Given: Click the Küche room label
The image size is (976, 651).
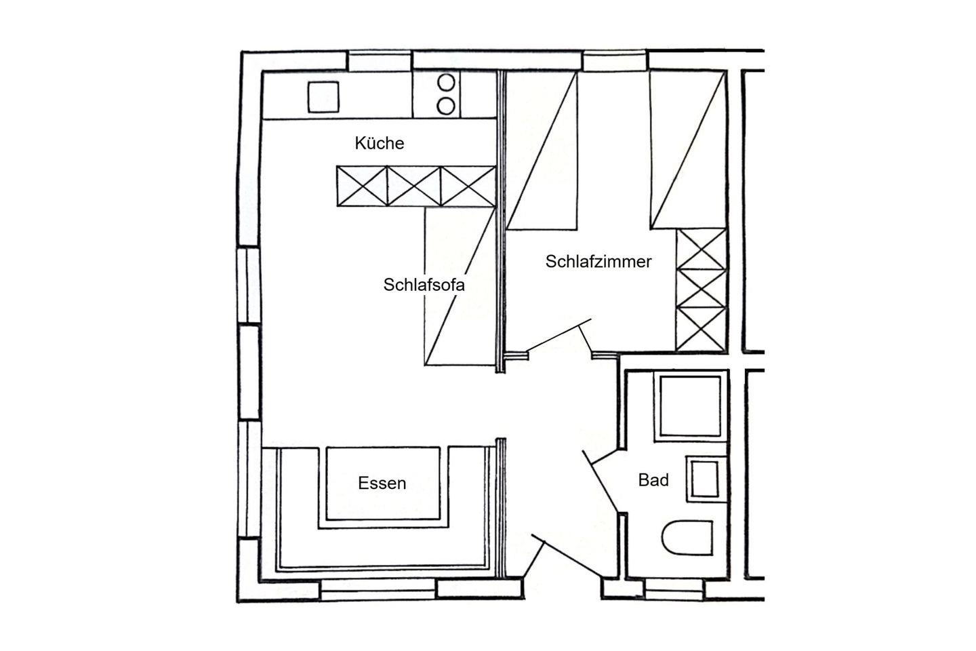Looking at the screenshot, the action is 379,143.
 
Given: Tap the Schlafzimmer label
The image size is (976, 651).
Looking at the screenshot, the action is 598,262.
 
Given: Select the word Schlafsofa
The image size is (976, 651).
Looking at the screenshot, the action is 424,285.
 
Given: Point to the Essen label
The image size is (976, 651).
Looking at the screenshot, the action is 382,483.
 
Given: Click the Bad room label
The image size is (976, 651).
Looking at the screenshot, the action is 653,480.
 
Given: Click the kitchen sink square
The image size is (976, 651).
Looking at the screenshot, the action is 323,97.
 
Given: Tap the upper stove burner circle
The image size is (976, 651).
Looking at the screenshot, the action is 446,83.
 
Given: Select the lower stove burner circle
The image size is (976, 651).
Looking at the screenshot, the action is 446,106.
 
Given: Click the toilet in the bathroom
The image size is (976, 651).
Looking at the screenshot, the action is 687,538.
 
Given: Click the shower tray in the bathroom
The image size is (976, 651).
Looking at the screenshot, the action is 690,406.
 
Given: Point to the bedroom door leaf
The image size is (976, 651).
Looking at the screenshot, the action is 558,335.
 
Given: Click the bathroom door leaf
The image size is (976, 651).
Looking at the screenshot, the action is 601,481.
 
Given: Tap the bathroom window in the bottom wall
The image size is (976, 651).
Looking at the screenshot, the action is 674,589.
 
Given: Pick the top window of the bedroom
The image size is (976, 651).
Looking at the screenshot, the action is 615,60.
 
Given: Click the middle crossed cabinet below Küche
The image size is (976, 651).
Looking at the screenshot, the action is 414,186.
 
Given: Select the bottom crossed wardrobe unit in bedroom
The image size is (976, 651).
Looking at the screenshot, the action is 701,329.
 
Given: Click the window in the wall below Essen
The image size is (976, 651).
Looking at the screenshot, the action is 379,589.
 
